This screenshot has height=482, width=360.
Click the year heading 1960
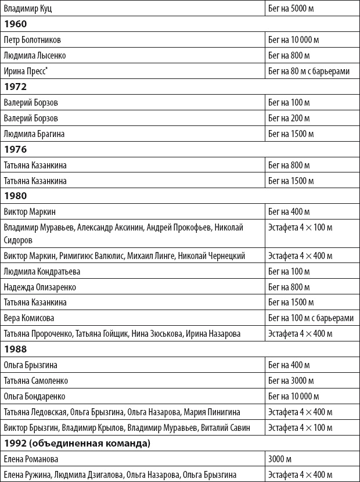tap(16, 24)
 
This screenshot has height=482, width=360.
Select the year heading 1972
tap(16, 87)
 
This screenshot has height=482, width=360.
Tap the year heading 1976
tap(16, 149)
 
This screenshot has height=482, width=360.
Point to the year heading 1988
tap(16, 349)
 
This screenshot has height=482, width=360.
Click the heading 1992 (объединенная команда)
tap(77, 444)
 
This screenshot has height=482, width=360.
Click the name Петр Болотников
tap(33, 40)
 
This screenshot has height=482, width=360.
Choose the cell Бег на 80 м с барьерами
tap(309, 71)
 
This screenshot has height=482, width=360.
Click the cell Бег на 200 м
tap(289, 118)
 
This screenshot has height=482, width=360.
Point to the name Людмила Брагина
tap(34, 134)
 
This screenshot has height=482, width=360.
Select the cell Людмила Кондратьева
tap(42, 271)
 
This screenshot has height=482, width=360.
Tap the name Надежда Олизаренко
tap(39, 287)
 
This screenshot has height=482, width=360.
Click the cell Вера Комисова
tap(29, 318)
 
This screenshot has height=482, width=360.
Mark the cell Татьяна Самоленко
tap(36, 380)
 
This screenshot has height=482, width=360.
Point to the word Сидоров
tap(18, 239)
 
